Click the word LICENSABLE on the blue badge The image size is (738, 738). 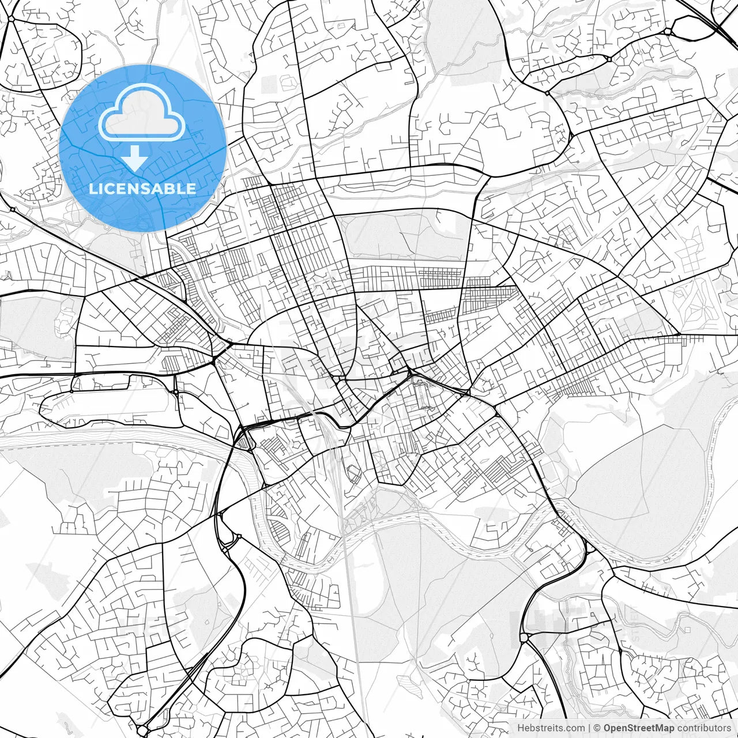142,189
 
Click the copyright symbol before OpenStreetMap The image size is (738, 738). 597,728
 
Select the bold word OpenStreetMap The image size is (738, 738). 639,728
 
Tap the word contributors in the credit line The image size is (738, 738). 704,728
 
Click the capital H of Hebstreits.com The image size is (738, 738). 521,728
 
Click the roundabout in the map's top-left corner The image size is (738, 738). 11,18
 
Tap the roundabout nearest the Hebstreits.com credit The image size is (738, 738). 524,638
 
